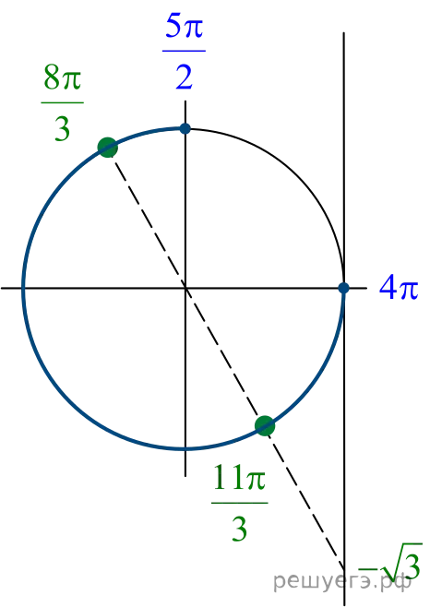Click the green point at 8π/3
pos(108,148)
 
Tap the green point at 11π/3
pos(265,425)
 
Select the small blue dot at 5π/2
pos(185,128)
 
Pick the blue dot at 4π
pos(343,288)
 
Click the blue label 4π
pos(399,288)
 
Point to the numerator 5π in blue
pos(184,27)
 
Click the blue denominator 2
pos(184,77)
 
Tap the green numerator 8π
pos(62,77)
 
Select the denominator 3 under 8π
pos(62,128)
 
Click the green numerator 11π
pos(239,477)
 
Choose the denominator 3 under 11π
pos(239,529)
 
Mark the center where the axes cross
pos(185,288)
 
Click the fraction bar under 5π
pos(184,51)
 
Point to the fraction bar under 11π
pos(239,503)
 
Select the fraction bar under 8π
pos(62,102)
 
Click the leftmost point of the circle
pos(24,288)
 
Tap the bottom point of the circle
pos(185,449)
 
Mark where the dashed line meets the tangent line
pos(344,568)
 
